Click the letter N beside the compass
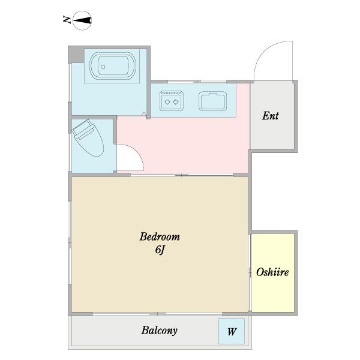(x=67, y=20)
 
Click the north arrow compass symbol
(x=82, y=20)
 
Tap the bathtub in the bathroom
(x=113, y=66)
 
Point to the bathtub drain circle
(x=103, y=67)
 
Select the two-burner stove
(x=172, y=101)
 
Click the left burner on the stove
(x=167, y=102)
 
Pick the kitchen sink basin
(x=212, y=101)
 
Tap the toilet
(x=88, y=137)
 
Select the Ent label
(x=271, y=116)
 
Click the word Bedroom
(x=160, y=237)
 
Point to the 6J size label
(x=160, y=250)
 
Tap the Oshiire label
(x=272, y=272)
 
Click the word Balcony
(x=160, y=331)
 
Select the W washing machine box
(x=232, y=331)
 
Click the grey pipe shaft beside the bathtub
(x=76, y=55)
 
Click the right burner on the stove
(x=176, y=102)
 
